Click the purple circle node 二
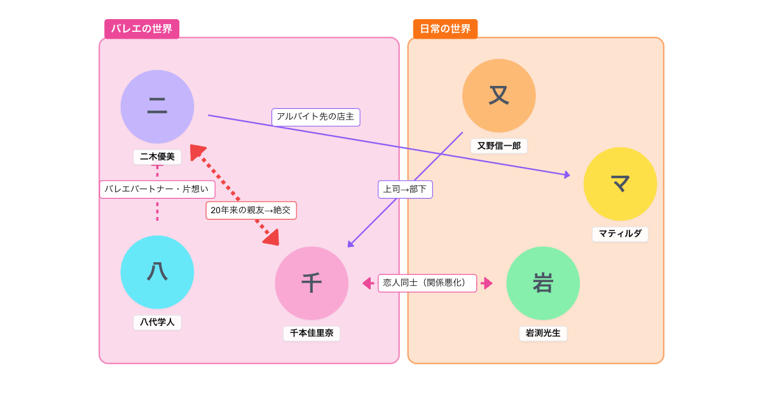click(x=157, y=107)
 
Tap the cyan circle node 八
click(x=157, y=272)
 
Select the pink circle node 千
click(x=312, y=283)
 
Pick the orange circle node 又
click(x=499, y=95)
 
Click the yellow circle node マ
click(x=620, y=184)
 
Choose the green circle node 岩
click(x=543, y=283)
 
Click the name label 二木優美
click(x=157, y=157)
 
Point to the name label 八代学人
click(x=157, y=322)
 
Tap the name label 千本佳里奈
click(x=312, y=333)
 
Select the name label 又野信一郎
click(x=499, y=146)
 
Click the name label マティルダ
click(x=620, y=234)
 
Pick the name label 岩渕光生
click(x=543, y=333)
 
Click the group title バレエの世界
click(x=142, y=29)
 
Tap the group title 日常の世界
click(x=445, y=29)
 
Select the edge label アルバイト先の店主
click(x=315, y=117)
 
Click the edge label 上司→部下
click(x=405, y=189)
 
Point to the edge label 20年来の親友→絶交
click(x=251, y=210)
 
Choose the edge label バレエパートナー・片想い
click(x=157, y=189)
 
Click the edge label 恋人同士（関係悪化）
click(x=427, y=283)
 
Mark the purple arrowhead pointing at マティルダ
click(x=567, y=174)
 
